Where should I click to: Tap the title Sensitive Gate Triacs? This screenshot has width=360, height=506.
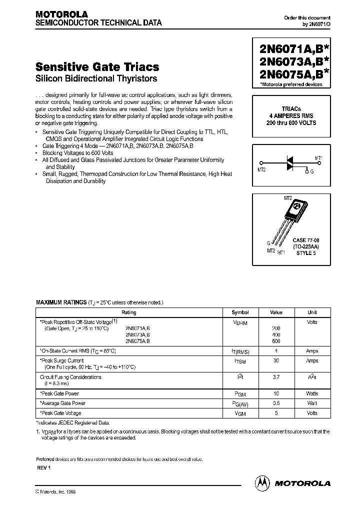pyautogui.click(x=97, y=66)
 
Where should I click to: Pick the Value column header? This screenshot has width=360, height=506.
pyautogui.click(x=276, y=312)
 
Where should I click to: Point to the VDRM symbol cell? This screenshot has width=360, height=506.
pyautogui.click(x=240, y=323)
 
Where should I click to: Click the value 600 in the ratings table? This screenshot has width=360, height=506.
pyautogui.click(x=276, y=341)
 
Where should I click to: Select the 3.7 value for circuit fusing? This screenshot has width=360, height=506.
pyautogui.click(x=276, y=377)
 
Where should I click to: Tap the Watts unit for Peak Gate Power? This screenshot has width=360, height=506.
pyautogui.click(x=312, y=394)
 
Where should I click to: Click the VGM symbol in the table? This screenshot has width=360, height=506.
pyautogui.click(x=240, y=413)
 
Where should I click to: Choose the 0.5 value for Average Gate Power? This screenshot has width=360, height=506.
pyautogui.click(x=276, y=403)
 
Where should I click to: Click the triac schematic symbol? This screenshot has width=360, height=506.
pyautogui.click(x=289, y=163)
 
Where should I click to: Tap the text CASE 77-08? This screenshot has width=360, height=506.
pyautogui.click(x=306, y=240)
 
